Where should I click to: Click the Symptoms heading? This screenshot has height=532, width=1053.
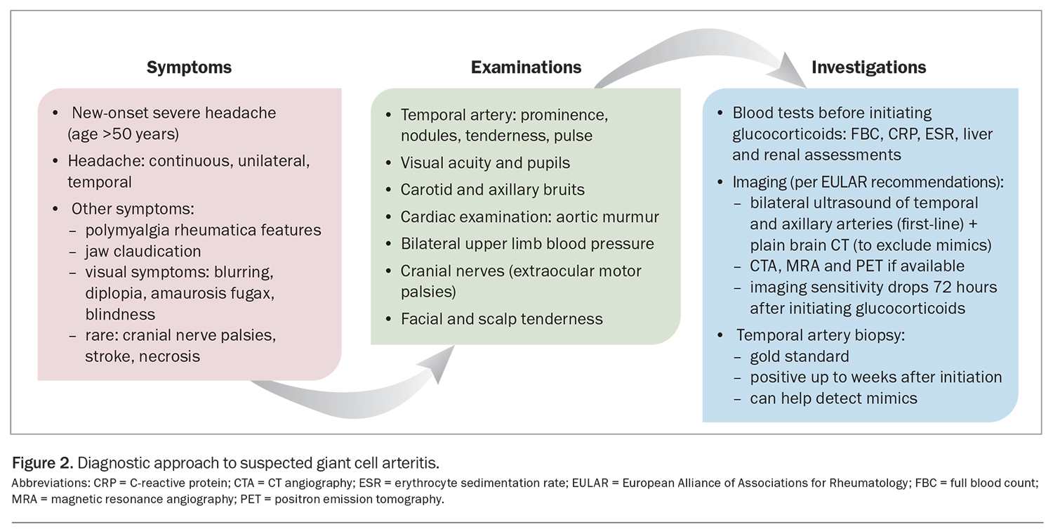(189, 67)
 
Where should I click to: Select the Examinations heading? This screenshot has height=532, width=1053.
(526, 67)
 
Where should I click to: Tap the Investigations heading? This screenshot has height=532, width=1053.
(868, 67)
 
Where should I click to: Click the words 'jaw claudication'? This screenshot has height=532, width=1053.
(143, 251)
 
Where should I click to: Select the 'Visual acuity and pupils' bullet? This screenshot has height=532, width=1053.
(485, 163)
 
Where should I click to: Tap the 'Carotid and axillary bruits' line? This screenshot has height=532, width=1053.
(492, 190)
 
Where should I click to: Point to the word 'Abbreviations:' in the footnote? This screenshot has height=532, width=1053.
(41, 484)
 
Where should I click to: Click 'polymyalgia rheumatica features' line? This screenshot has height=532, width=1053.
(203, 230)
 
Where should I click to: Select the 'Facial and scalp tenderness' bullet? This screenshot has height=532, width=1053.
(501, 318)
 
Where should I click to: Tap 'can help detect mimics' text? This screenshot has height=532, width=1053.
(833, 398)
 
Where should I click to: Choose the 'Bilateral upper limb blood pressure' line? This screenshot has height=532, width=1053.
(527, 244)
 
